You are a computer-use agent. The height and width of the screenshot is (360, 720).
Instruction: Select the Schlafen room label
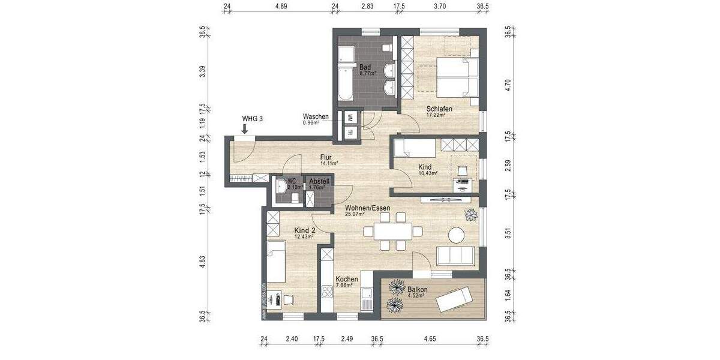[439, 109]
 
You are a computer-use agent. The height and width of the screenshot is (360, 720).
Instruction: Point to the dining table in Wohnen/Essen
[393, 231]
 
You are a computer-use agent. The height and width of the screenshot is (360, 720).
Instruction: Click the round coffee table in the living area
[457, 236]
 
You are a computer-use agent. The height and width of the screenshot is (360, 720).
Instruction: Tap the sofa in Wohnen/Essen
[457, 256]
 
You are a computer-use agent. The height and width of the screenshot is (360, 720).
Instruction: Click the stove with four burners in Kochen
[328, 293]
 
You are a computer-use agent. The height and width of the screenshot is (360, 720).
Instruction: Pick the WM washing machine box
[350, 118]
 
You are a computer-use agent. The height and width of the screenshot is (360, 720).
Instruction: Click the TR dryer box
[350, 133]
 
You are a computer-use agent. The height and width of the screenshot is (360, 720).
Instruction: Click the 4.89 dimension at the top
[281, 7]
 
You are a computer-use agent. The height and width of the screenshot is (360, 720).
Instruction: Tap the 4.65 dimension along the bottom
[430, 340]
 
